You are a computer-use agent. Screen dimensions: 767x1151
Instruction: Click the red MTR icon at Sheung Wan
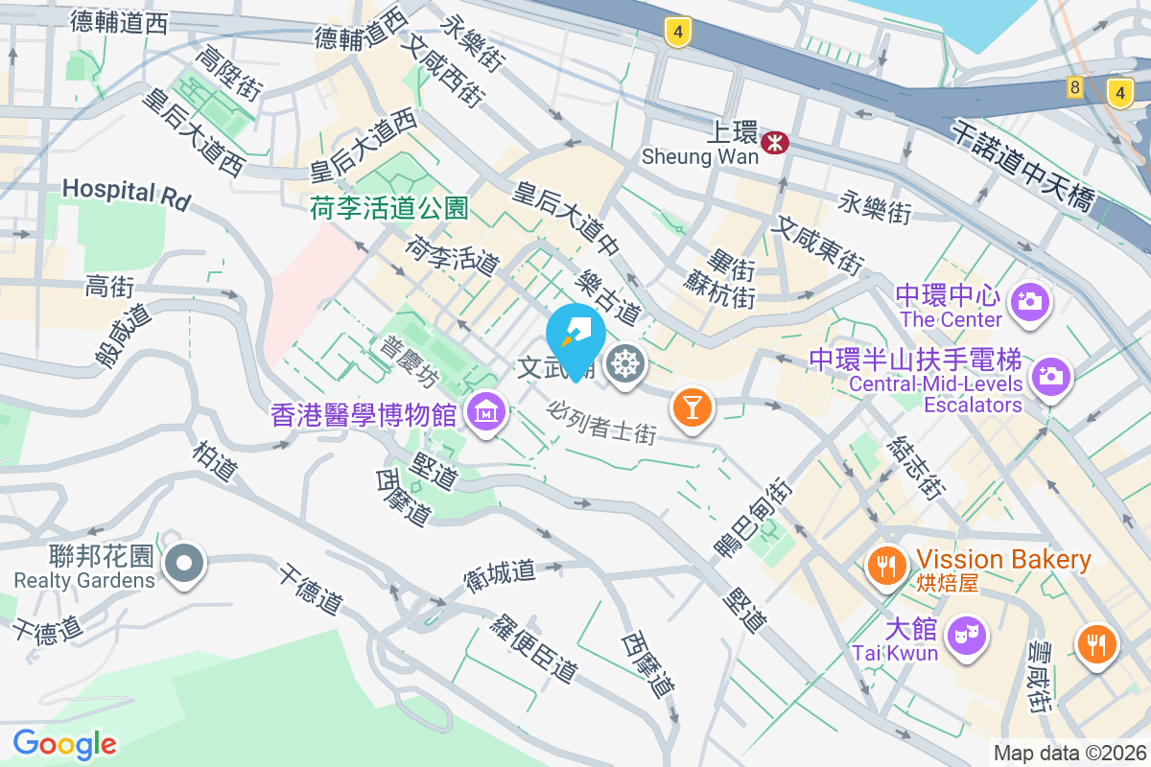click(x=774, y=143)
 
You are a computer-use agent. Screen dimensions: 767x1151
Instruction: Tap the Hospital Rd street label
click(x=126, y=194)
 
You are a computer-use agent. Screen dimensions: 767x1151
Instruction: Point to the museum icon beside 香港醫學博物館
click(x=486, y=412)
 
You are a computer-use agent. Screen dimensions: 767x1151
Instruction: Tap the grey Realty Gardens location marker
click(x=184, y=563)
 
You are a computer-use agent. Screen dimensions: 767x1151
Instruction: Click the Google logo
click(x=64, y=743)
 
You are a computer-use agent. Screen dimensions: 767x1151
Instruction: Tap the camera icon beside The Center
click(x=1031, y=301)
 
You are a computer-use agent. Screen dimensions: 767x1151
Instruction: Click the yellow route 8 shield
click(x=1074, y=88)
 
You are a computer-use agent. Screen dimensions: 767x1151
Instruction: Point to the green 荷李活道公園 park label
click(x=388, y=208)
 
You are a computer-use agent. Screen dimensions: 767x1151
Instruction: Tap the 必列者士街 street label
click(x=601, y=422)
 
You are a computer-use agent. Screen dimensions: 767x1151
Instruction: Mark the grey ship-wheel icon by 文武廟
click(x=626, y=365)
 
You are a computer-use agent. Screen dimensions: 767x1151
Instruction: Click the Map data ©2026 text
click(x=1069, y=754)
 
